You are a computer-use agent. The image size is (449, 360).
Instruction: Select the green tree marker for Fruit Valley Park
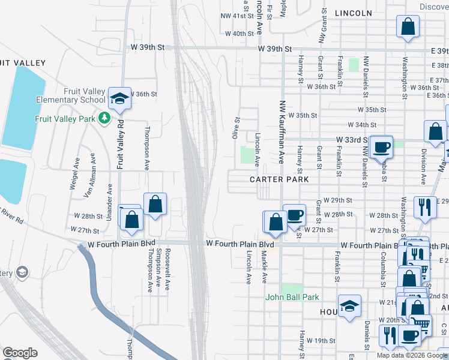point(104,118)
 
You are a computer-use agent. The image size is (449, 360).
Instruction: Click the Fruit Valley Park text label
point(65,119)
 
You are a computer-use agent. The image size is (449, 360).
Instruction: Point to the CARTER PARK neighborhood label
point(280,179)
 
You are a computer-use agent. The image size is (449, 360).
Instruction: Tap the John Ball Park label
point(292,297)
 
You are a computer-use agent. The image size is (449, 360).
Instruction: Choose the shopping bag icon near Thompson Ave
point(155,204)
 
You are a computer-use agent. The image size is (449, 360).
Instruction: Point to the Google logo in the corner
point(20,353)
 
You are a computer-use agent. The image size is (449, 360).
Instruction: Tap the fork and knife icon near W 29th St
point(425,208)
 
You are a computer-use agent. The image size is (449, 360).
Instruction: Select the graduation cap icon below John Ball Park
point(349,305)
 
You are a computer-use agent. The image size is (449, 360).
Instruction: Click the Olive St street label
point(237,128)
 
